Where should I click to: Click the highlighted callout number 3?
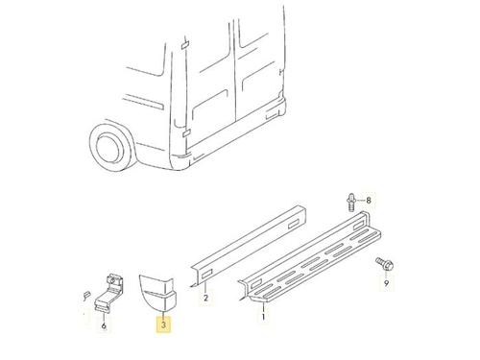click(x=163, y=325)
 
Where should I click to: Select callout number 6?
click(x=104, y=325)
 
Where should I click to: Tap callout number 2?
click(x=205, y=298)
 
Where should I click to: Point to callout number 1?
click(x=263, y=317)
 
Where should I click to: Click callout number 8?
click(x=369, y=201)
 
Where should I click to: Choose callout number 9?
click(x=386, y=283)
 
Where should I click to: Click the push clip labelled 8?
click(x=351, y=202)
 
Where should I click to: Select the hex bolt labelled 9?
click(x=384, y=264)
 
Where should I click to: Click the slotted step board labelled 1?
click(x=309, y=257)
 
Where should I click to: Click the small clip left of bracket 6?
click(x=85, y=296)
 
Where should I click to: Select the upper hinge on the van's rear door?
click(x=185, y=45)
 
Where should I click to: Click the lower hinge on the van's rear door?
click(x=186, y=132)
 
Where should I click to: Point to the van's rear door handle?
click(x=280, y=72)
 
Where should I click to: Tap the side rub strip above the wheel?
click(x=143, y=102)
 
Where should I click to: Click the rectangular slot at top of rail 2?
click(x=293, y=224)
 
